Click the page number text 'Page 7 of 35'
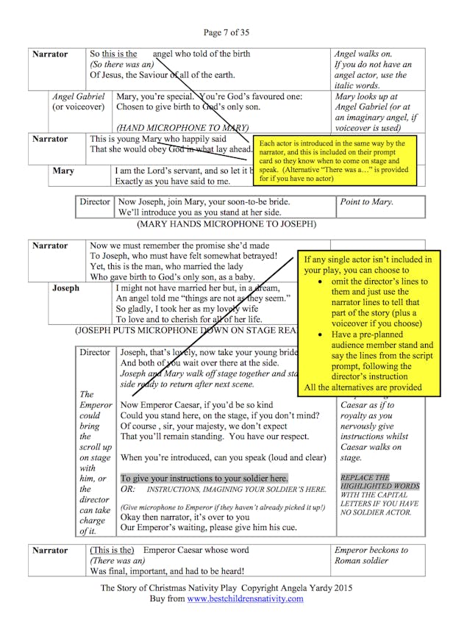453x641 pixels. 226,32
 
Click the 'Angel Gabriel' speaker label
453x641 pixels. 79,96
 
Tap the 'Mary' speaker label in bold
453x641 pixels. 63,171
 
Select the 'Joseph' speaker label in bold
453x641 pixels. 65,288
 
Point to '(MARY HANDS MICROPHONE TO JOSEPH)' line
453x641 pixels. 226,223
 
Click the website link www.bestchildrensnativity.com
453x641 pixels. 245,598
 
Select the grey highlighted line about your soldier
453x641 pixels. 204,479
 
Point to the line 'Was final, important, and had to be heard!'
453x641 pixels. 167,570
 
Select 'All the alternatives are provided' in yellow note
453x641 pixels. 363,387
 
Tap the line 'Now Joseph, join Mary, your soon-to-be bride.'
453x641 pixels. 204,201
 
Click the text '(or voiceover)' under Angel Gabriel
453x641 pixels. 78,107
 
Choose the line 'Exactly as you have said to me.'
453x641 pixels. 183,181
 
